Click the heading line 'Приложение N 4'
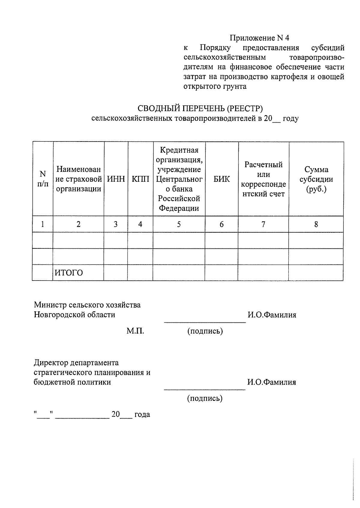(259, 38)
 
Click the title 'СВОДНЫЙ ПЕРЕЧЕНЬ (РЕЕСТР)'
(200, 108)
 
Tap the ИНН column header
(116, 179)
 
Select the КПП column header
(140, 179)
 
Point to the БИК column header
(221, 179)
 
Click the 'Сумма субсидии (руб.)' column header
(316, 179)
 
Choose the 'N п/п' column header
(43, 179)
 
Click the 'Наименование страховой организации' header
(78, 179)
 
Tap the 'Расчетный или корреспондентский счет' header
(263, 179)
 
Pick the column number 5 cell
(179, 224)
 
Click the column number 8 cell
(316, 224)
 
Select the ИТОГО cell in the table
(69, 273)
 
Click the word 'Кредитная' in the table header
(179, 150)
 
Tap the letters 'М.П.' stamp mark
(135, 331)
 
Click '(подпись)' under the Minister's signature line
(205, 331)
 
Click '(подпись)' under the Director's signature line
(205, 398)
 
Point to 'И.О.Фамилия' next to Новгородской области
(271, 315)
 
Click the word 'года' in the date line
(142, 414)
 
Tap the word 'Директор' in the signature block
(51, 363)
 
